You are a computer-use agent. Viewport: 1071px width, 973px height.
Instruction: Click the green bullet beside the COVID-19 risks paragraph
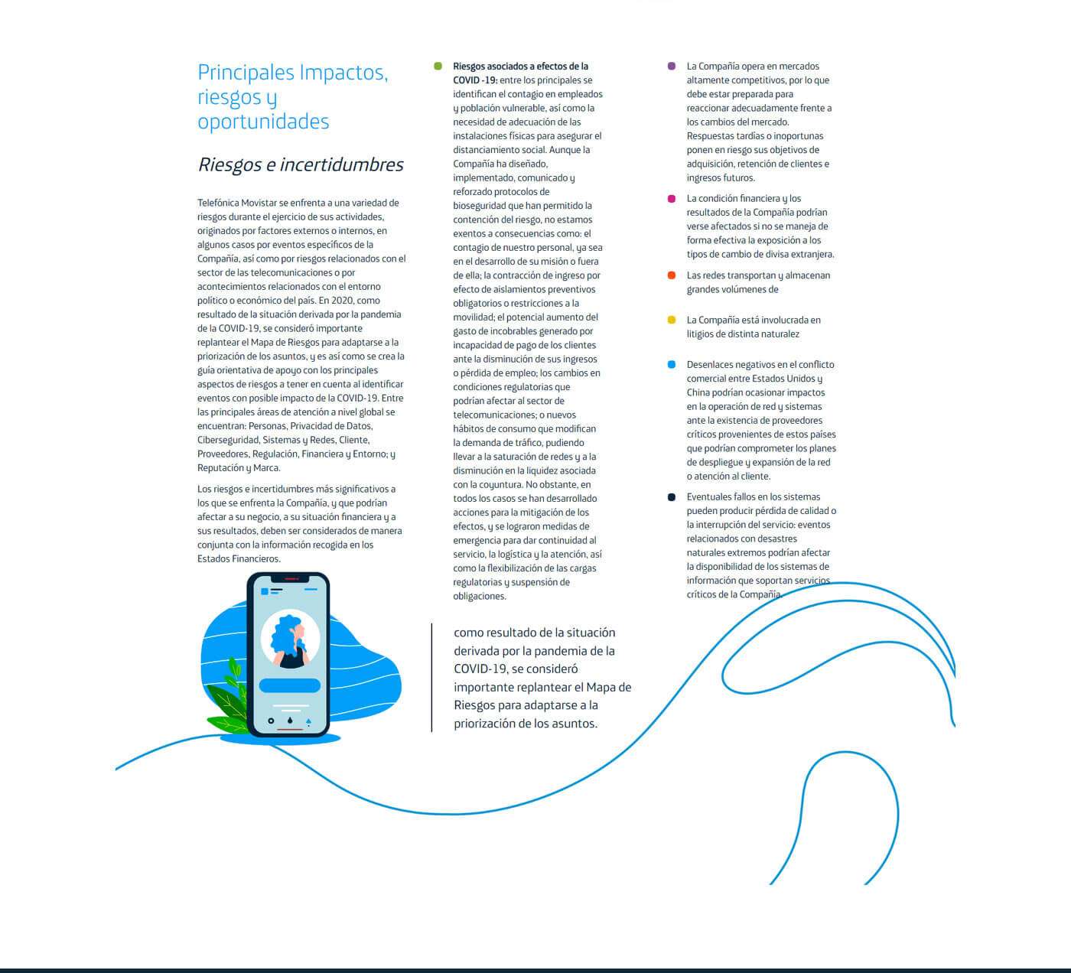[438, 67]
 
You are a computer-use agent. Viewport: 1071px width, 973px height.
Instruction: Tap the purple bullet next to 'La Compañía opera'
[672, 67]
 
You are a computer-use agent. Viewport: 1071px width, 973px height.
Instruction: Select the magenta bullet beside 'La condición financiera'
[672, 199]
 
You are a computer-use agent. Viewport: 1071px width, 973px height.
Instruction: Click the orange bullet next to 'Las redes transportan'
[672, 275]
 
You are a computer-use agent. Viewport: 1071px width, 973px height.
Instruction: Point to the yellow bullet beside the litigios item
[672, 320]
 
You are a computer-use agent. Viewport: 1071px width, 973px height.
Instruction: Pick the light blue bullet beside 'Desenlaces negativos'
[672, 365]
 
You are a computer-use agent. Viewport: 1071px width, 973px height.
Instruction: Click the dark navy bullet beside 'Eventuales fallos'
[672, 497]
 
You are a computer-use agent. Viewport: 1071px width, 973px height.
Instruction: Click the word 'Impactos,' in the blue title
[343, 73]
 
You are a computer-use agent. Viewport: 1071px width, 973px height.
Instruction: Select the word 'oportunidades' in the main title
[263, 122]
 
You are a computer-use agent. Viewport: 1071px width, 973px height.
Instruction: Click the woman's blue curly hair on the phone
[285, 632]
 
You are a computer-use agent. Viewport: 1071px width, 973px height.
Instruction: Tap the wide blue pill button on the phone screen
[289, 685]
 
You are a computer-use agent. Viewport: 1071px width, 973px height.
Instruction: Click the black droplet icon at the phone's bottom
[290, 721]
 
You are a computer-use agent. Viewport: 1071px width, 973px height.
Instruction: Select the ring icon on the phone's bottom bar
[271, 721]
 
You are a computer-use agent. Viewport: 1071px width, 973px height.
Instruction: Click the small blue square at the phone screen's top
[265, 591]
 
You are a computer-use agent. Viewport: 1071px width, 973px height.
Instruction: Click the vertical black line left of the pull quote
[431, 678]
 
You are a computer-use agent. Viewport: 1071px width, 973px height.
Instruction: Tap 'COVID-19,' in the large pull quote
[480, 669]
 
